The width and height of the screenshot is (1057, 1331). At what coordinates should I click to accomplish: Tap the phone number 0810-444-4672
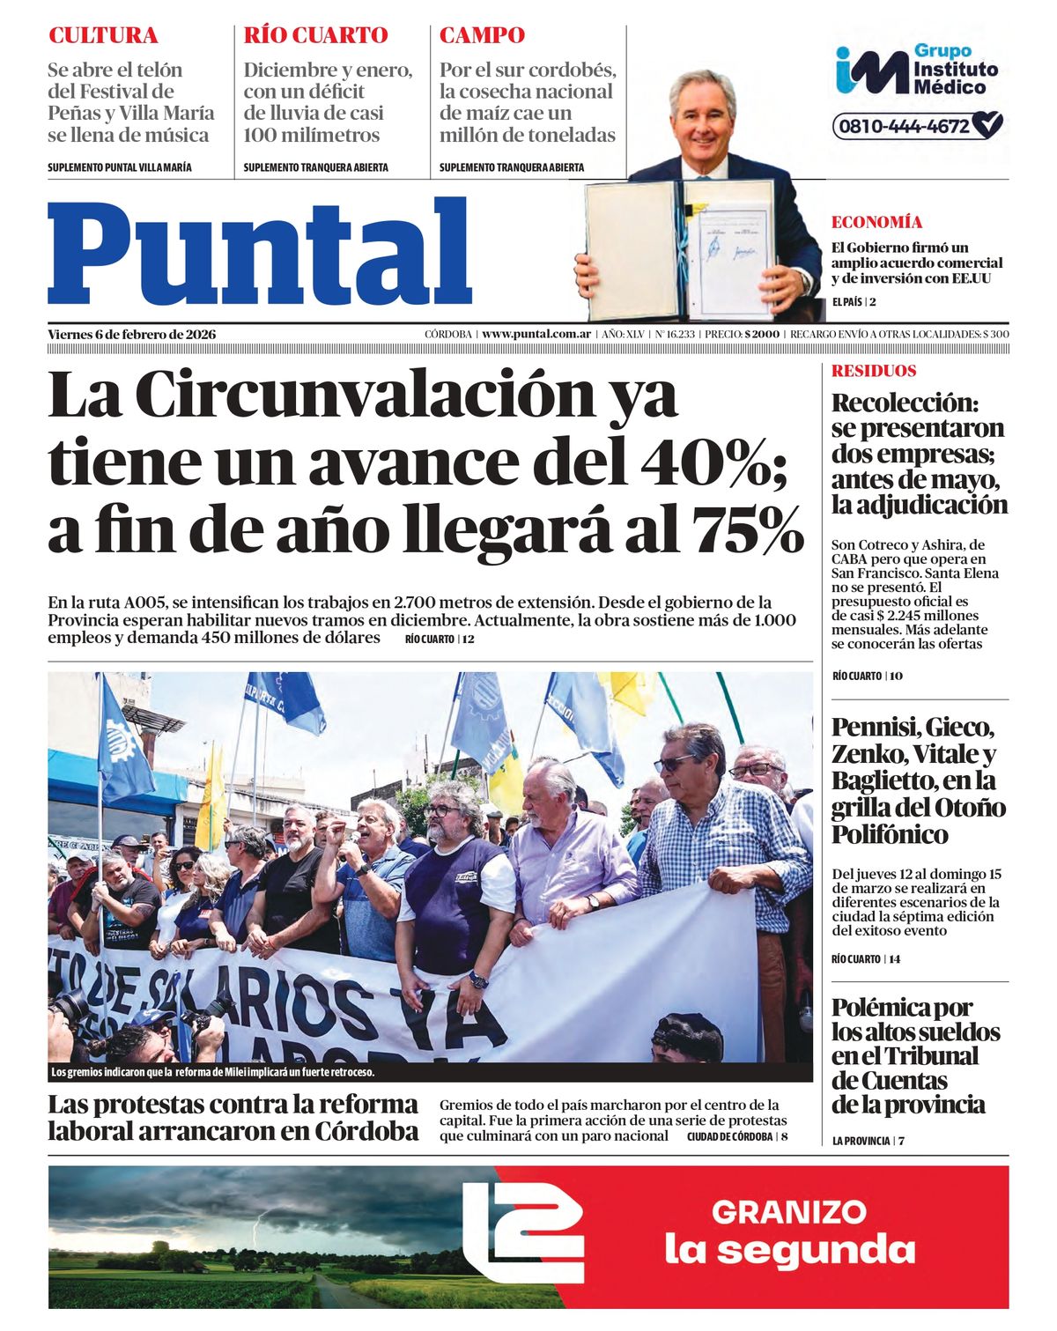point(905,126)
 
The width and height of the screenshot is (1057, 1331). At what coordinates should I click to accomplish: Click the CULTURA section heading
point(103,36)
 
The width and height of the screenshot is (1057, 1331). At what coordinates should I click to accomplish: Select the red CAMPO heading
point(482,36)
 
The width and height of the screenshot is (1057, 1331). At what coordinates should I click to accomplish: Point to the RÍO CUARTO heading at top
point(315,36)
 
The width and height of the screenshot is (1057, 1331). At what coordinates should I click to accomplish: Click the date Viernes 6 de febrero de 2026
point(132,335)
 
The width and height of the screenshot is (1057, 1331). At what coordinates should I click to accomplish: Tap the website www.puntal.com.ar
point(536,335)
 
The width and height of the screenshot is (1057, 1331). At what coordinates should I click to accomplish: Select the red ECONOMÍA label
point(876,222)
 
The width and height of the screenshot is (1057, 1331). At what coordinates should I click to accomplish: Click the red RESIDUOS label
point(874,371)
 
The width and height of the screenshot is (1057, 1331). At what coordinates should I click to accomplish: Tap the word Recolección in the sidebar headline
point(905,403)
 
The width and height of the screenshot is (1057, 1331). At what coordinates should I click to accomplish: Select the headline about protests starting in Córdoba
point(233,1118)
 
